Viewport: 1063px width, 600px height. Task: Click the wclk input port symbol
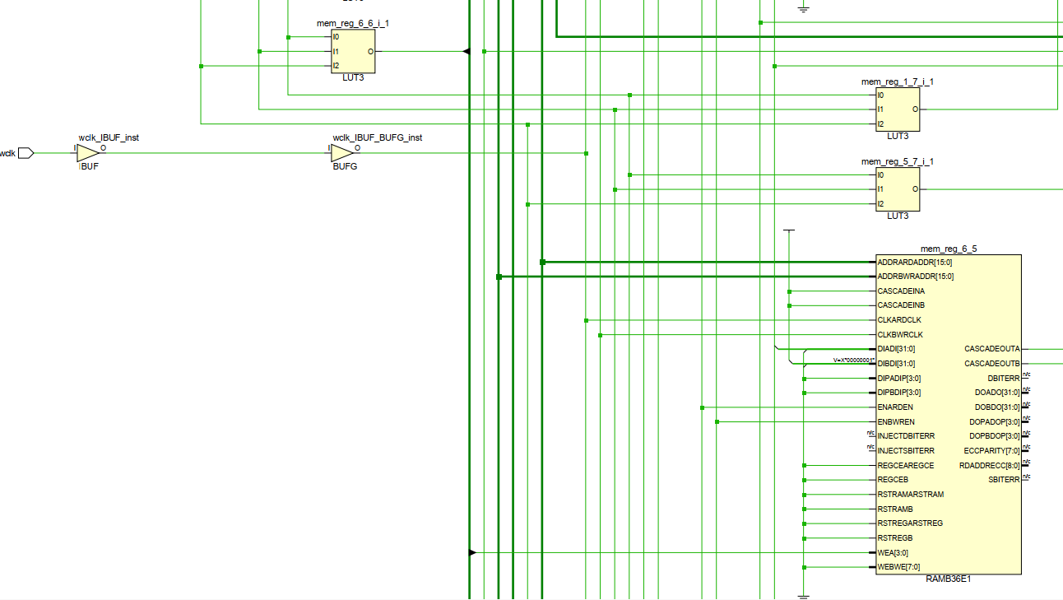(26, 153)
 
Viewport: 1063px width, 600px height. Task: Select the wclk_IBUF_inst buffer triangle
(88, 153)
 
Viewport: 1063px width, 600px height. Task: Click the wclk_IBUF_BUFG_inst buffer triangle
(342, 153)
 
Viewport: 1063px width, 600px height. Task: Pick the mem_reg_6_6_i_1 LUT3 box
(353, 51)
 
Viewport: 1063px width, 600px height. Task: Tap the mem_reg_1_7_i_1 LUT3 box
(898, 109)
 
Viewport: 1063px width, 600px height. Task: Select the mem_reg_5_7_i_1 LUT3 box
(898, 189)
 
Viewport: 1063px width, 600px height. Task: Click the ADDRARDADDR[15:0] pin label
(915, 262)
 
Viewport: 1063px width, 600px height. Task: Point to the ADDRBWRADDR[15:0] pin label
(915, 277)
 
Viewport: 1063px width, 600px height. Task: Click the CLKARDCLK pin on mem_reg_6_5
(899, 320)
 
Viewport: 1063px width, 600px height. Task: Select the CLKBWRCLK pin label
(900, 335)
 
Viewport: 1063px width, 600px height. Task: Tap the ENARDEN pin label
(895, 407)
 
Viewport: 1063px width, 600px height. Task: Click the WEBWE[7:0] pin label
(898, 567)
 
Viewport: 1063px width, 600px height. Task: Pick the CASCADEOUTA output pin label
(991, 349)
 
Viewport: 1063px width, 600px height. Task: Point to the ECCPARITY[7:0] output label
(991, 451)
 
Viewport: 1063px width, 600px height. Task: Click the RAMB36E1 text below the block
(949, 579)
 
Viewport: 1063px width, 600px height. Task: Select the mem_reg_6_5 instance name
(949, 249)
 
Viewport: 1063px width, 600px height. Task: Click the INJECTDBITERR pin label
(906, 436)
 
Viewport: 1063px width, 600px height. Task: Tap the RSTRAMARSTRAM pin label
(910, 495)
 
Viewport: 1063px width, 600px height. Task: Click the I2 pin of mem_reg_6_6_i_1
(336, 66)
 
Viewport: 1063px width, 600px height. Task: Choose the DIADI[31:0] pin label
(896, 349)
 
